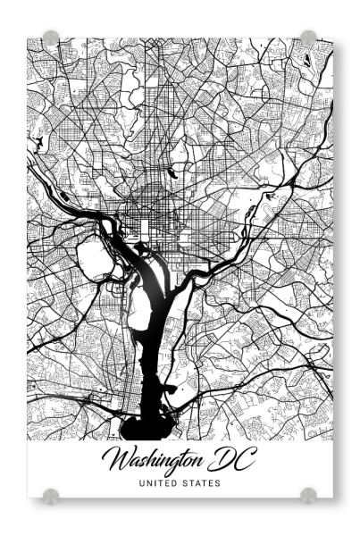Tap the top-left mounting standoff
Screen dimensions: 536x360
[51, 38]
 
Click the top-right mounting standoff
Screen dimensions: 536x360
[308, 38]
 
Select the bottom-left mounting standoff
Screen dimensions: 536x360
[51, 494]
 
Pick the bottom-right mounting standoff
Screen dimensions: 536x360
[308, 494]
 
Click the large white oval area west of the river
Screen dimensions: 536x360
[93, 260]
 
